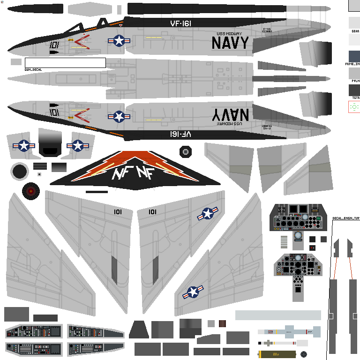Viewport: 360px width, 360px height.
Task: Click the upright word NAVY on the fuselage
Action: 230,43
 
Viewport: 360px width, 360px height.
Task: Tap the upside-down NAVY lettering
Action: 230,114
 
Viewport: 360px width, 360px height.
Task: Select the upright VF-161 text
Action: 180,23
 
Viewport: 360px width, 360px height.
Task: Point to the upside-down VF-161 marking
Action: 180,134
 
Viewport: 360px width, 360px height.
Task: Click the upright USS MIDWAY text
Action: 230,34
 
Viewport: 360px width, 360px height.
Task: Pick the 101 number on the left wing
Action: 118,212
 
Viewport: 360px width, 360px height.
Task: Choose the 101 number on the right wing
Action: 152,212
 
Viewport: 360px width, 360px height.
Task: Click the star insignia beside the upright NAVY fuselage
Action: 119,41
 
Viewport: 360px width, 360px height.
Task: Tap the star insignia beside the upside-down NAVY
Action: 119,116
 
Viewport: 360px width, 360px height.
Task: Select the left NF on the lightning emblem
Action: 120,174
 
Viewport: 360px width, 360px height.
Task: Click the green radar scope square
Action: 354,107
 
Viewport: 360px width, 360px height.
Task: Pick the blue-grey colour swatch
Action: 354,56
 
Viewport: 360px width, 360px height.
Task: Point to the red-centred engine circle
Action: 31,191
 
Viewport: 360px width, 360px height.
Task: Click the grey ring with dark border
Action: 20,172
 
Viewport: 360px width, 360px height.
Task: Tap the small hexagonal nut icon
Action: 186,151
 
